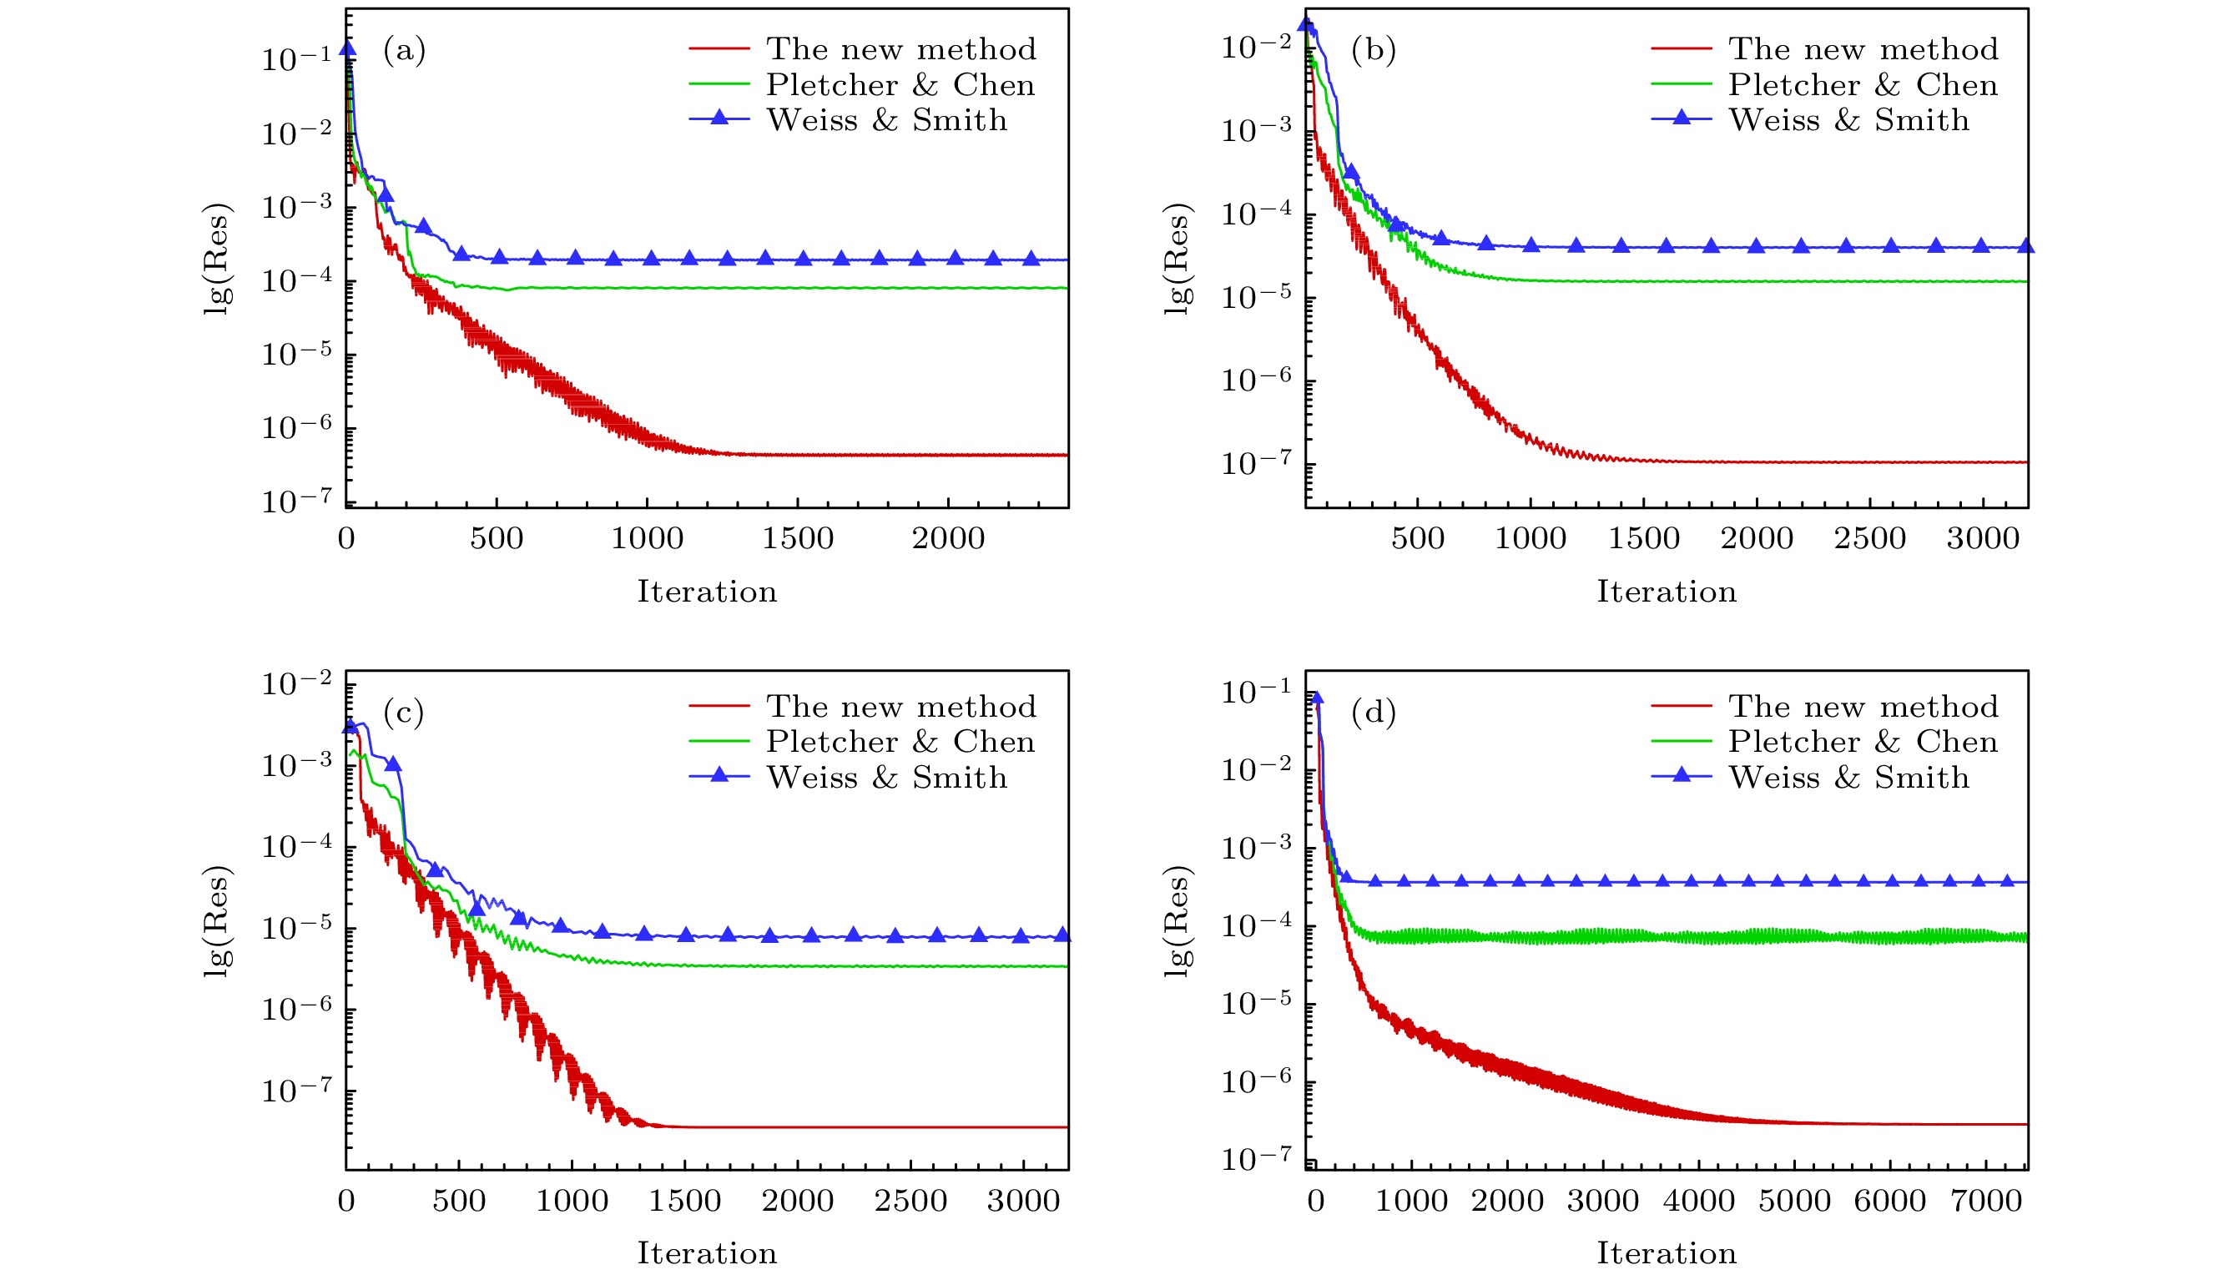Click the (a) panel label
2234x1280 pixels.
click(x=404, y=50)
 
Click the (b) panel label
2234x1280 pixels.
click(x=1374, y=50)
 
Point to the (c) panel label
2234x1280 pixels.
click(x=404, y=712)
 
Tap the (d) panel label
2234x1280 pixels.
click(x=1374, y=712)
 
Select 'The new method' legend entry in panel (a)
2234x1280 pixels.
click(x=900, y=49)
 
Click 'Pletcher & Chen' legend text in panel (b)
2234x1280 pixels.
click(x=1862, y=85)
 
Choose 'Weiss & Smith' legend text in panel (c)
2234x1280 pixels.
click(x=886, y=778)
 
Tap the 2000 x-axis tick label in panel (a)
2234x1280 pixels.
click(x=948, y=539)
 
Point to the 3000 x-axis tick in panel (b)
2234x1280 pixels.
click(x=1983, y=539)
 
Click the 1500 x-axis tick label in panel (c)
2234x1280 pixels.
click(x=685, y=1202)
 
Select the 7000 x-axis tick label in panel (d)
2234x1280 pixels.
click(x=1986, y=1202)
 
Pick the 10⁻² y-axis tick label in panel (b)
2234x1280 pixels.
click(x=1256, y=45)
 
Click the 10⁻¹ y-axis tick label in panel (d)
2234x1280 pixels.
click(x=1256, y=691)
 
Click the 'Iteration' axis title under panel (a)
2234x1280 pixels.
click(x=707, y=592)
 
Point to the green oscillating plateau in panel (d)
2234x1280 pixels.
click(x=1671, y=937)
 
